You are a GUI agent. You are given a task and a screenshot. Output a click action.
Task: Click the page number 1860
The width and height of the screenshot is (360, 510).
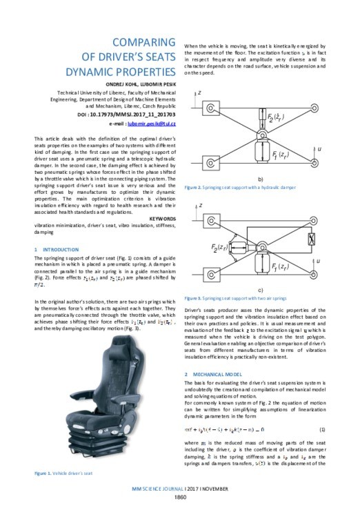[179, 497]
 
